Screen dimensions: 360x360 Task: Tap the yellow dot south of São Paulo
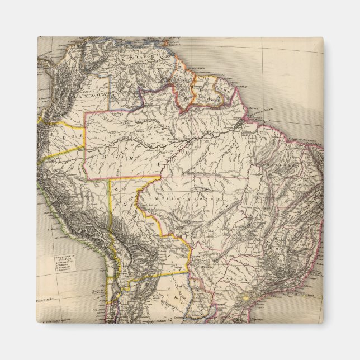point(244,299)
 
